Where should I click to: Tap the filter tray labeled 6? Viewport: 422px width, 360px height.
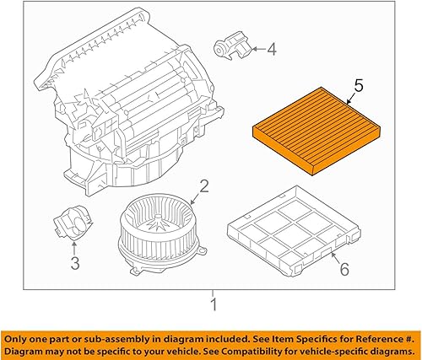tap(292, 231)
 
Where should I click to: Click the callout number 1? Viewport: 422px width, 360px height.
tap(213, 304)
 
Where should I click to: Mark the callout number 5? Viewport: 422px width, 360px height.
tap(359, 85)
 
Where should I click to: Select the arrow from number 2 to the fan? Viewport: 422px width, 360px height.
tap(195, 200)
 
